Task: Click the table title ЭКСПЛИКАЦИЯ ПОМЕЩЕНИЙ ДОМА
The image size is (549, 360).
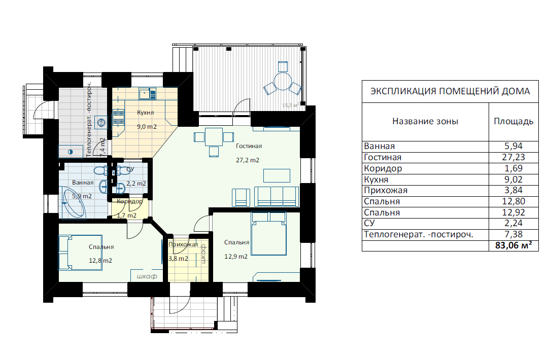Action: click(x=450, y=91)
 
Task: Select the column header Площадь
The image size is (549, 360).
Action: click(x=513, y=121)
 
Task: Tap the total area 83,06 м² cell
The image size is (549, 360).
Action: click(x=513, y=245)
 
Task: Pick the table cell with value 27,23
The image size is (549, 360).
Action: click(x=513, y=157)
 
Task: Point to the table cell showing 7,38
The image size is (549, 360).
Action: click(x=513, y=234)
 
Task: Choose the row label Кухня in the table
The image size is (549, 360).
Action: click(x=376, y=179)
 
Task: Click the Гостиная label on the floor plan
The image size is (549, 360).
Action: click(x=249, y=146)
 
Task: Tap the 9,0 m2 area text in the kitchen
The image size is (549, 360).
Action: click(x=147, y=127)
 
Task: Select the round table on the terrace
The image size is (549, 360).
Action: click(x=283, y=82)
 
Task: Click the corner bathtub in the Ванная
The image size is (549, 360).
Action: click(x=74, y=203)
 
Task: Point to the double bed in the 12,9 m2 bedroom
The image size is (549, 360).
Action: click(x=268, y=233)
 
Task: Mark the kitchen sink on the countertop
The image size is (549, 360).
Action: click(x=148, y=94)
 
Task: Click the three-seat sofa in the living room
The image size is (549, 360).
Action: click(x=277, y=197)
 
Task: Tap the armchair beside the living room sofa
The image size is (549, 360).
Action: click(x=241, y=198)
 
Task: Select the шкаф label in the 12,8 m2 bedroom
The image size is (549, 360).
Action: click(x=147, y=276)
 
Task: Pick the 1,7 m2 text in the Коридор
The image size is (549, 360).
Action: click(x=127, y=215)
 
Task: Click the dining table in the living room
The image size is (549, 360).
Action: click(x=214, y=137)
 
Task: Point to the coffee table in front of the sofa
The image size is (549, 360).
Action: click(x=277, y=175)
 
